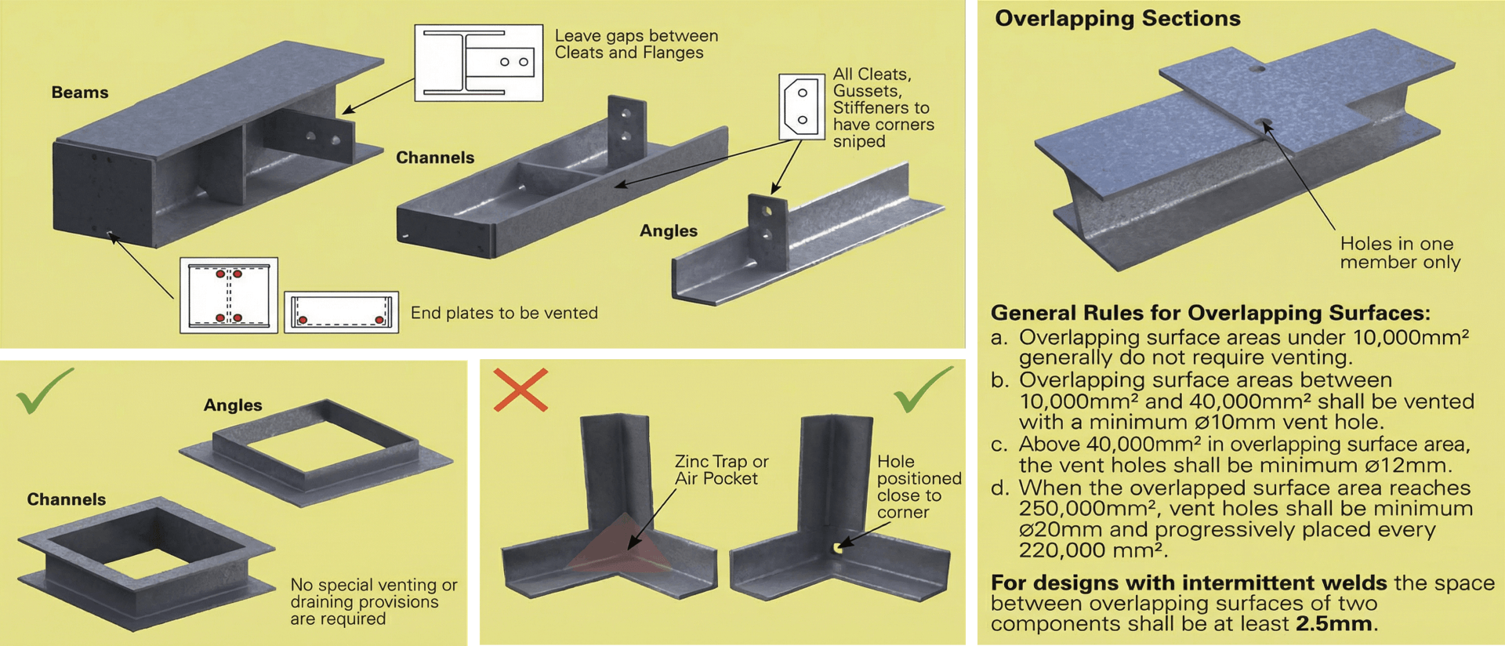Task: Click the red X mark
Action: [x=520, y=390]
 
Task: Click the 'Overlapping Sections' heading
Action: [x=1117, y=19]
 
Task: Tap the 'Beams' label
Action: [x=80, y=93]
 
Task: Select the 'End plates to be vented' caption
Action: [x=504, y=313]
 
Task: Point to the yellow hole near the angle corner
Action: [x=838, y=548]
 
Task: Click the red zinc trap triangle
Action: [x=619, y=546]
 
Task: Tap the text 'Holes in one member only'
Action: [x=1400, y=252]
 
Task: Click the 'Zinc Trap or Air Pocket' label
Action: [x=721, y=470]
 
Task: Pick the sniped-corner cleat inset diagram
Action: [x=801, y=107]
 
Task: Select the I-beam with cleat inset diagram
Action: [x=478, y=63]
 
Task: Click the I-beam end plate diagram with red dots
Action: [x=229, y=296]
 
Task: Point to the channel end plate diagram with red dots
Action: [x=341, y=312]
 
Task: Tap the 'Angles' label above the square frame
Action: [x=233, y=405]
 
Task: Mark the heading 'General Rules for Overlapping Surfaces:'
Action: [x=1210, y=313]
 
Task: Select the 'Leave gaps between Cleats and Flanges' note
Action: [x=636, y=44]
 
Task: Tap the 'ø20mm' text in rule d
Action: [x=1048, y=530]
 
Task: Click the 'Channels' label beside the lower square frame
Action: [x=67, y=499]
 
